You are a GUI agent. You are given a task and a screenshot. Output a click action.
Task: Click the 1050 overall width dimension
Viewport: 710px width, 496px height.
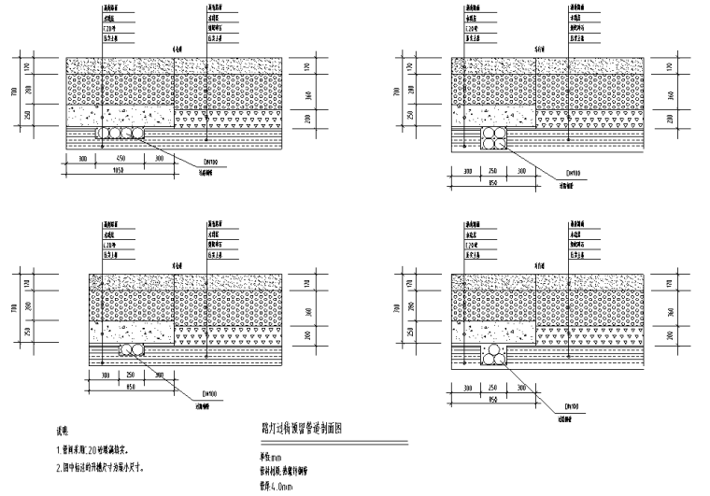[x=119, y=172]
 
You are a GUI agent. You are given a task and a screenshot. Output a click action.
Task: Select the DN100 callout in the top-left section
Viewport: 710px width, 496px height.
[x=210, y=161]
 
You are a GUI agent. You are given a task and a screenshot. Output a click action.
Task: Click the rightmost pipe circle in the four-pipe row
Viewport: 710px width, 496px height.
[x=140, y=135]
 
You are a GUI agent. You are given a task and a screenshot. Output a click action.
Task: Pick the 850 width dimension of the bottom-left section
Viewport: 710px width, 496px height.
[x=131, y=385]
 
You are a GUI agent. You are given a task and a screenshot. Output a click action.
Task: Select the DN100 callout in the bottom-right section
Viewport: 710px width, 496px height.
[x=573, y=407]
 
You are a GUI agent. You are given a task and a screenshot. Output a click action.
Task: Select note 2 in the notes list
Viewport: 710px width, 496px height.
[x=102, y=467]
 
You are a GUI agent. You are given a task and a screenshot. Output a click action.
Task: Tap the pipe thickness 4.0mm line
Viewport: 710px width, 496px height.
[x=277, y=487]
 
